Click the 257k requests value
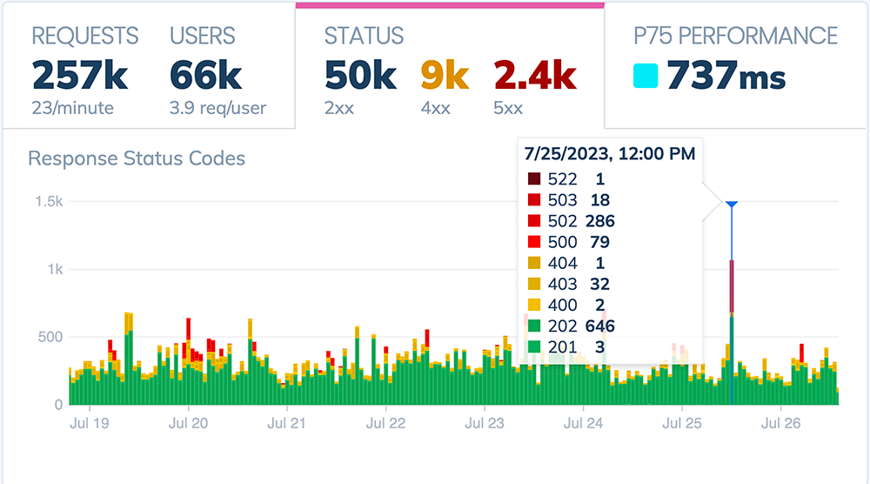(x=80, y=77)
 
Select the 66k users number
(x=205, y=77)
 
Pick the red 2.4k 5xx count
(x=534, y=77)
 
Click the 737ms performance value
(x=726, y=77)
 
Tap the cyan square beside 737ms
(x=645, y=77)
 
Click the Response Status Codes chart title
(x=137, y=158)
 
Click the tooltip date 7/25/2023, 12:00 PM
(x=609, y=154)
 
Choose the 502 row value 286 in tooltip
(x=600, y=221)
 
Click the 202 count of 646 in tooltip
(x=600, y=326)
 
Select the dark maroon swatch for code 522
(x=533, y=179)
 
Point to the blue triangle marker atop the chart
(x=732, y=204)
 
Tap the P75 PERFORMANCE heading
(x=735, y=36)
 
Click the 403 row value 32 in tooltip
(x=596, y=284)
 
